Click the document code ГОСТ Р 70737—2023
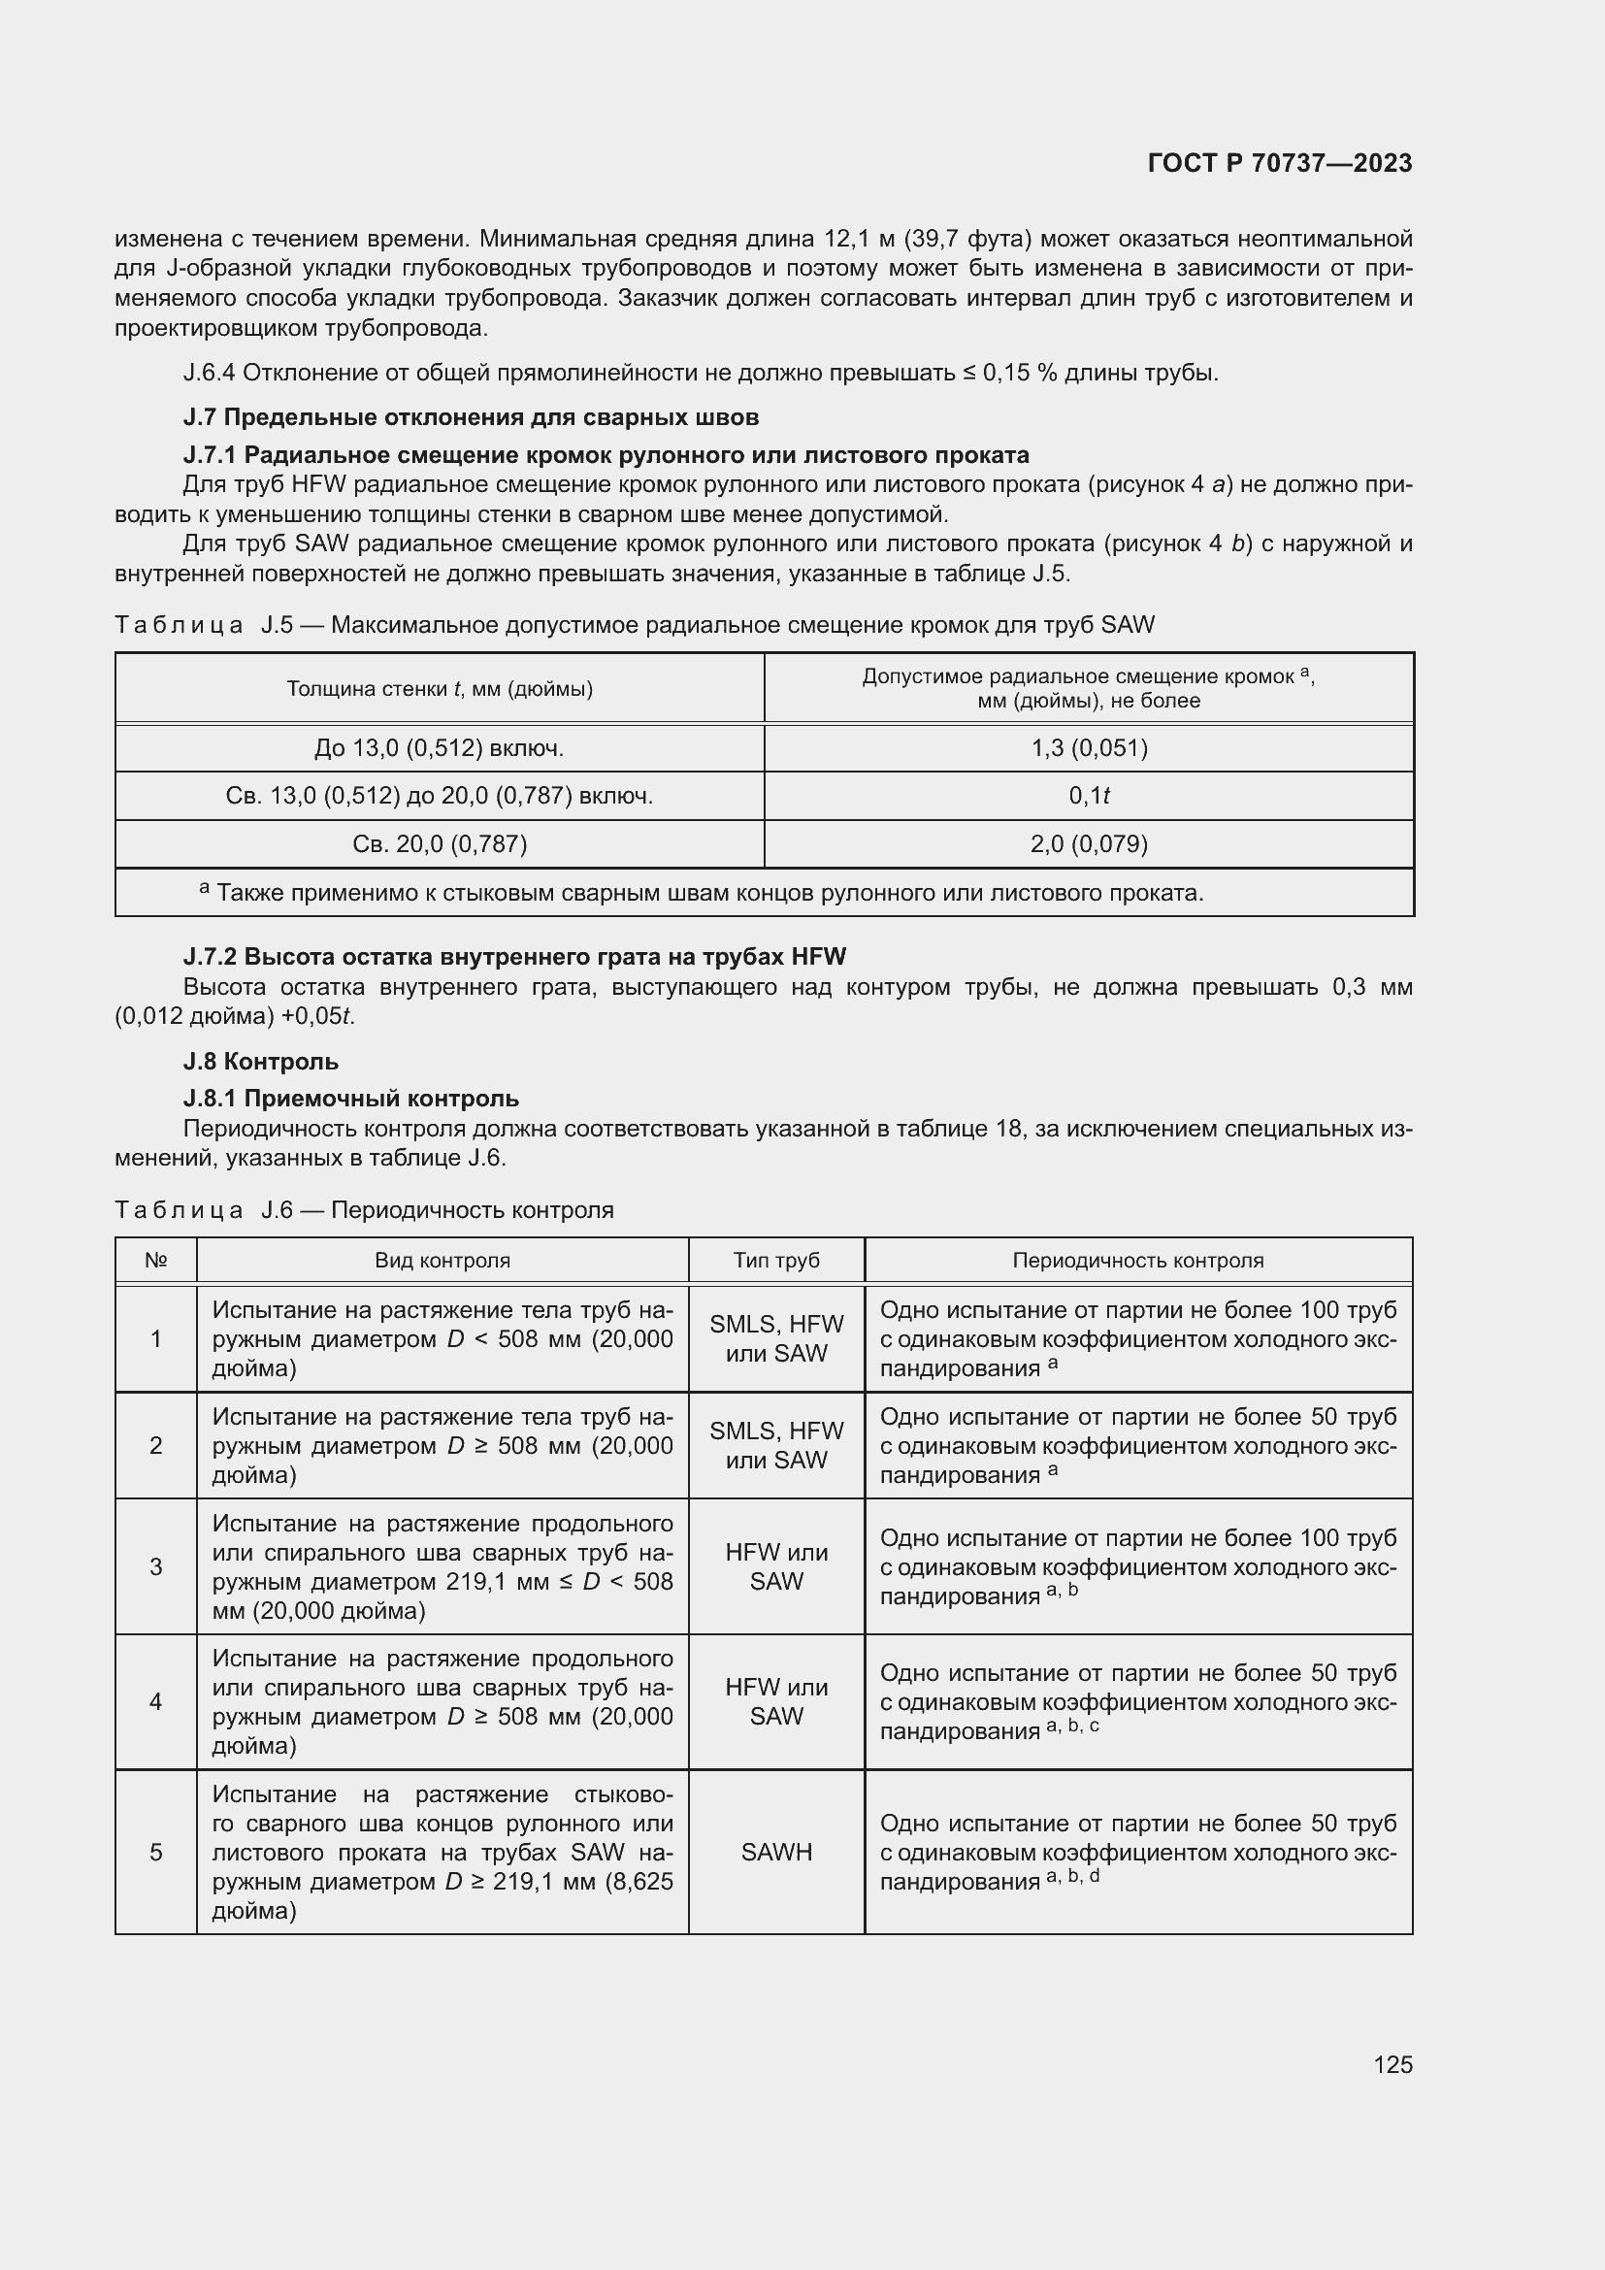(x=1280, y=163)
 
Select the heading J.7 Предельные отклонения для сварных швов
(x=471, y=417)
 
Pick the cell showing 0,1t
(x=1088, y=796)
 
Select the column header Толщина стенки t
(x=440, y=688)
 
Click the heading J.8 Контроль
(x=261, y=1061)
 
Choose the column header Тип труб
(x=776, y=1260)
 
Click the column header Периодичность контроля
(x=1137, y=1260)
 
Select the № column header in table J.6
(x=156, y=1260)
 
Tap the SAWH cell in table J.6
(x=776, y=1852)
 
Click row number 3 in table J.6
(x=156, y=1566)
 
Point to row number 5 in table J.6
(x=156, y=1852)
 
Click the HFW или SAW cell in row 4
(x=776, y=1701)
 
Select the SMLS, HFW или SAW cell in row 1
(x=776, y=1337)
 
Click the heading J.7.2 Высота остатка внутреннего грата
(x=514, y=956)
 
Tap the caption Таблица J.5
(x=634, y=625)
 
